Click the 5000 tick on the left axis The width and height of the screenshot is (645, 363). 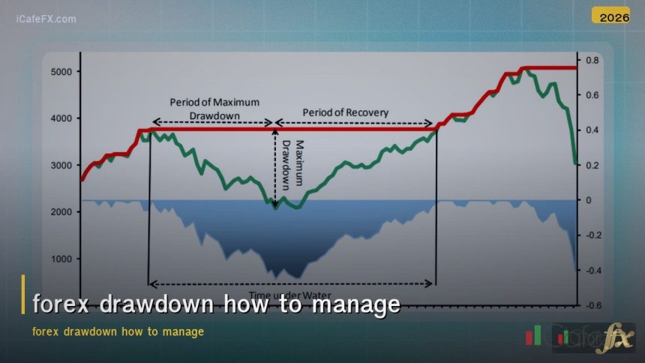click(61, 71)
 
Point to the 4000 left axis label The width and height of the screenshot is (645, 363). click(61, 118)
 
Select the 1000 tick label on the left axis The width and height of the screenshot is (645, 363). click(61, 259)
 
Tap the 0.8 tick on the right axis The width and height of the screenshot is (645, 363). click(592, 60)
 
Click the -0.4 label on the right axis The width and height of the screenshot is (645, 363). click(592, 271)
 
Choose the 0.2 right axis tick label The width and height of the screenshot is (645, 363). click(592, 165)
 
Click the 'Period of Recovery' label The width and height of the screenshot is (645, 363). click(346, 112)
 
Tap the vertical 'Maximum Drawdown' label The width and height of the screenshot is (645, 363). click(292, 163)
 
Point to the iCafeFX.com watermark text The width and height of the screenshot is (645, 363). click(46, 19)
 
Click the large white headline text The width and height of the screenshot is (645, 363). click(217, 305)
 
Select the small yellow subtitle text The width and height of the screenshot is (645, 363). click(118, 331)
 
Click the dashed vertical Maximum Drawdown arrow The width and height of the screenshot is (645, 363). click(275, 166)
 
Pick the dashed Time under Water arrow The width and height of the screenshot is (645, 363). click(292, 284)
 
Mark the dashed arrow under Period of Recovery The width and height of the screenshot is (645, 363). click(355, 124)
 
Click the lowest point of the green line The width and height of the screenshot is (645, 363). click(275, 208)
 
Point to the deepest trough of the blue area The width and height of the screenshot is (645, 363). click(278, 277)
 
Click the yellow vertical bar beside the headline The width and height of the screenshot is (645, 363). click(23, 294)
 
